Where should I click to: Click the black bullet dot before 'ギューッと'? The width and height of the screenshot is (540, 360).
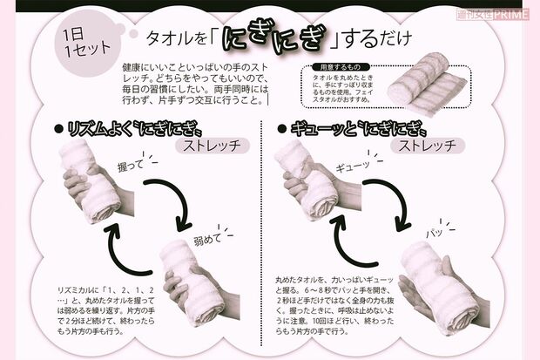281,128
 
